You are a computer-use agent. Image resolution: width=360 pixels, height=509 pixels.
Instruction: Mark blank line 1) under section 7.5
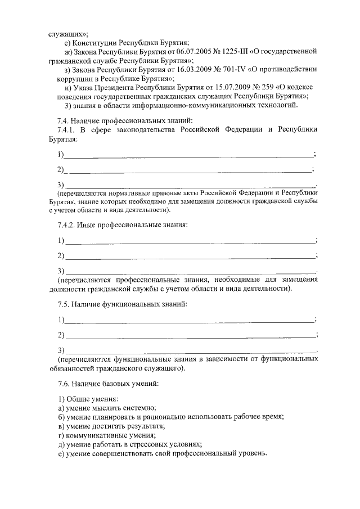(x=189, y=320)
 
